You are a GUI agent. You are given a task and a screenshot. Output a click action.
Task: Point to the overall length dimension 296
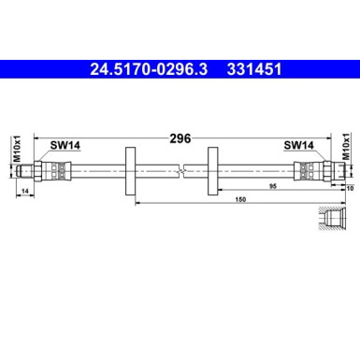[180, 137]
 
